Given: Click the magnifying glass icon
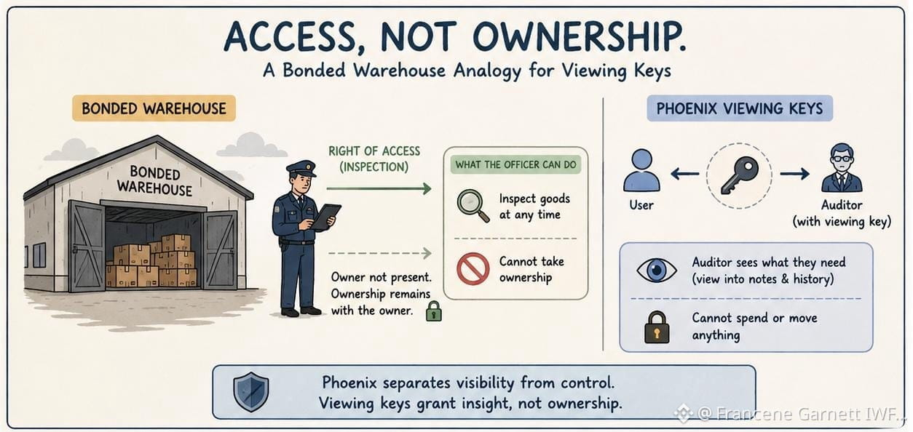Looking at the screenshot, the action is point(472,205).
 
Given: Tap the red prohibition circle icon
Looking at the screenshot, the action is point(473,269).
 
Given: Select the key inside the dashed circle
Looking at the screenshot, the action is point(740,175).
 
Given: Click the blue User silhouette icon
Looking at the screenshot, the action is point(641,170).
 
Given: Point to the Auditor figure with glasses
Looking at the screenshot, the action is point(842,168).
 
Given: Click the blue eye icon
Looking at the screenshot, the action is point(657,270).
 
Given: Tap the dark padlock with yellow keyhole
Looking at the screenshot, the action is point(657,327).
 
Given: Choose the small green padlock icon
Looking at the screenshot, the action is point(434,311).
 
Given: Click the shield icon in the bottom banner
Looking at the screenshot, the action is point(250,392).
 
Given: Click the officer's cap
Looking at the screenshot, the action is point(301,168).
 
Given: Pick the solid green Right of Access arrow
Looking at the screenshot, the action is point(379,188).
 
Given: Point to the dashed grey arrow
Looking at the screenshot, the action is point(380,253).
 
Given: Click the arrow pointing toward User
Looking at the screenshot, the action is point(684,175).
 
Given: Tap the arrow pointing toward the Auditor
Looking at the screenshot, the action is point(795,174).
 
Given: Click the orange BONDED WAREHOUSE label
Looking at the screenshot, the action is point(154,108).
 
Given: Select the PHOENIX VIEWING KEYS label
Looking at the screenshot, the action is point(740,108).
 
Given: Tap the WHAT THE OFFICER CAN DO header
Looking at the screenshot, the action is point(515,164).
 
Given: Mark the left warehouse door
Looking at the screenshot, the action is point(87,246).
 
